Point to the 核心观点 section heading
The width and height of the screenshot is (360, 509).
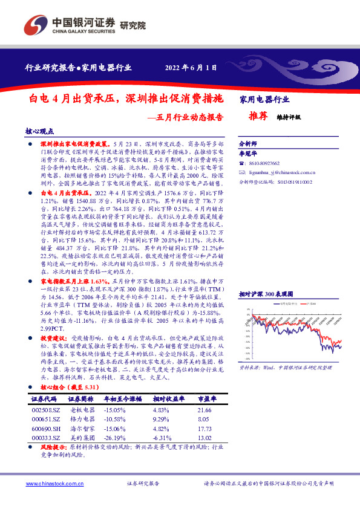pyautogui.click(x=40, y=131)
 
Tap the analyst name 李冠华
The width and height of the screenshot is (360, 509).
pyautogui.click(x=249, y=154)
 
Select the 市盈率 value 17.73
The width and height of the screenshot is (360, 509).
pyautogui.click(x=205, y=427)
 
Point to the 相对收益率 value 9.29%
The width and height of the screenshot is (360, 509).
pyautogui.click(x=165, y=418)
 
